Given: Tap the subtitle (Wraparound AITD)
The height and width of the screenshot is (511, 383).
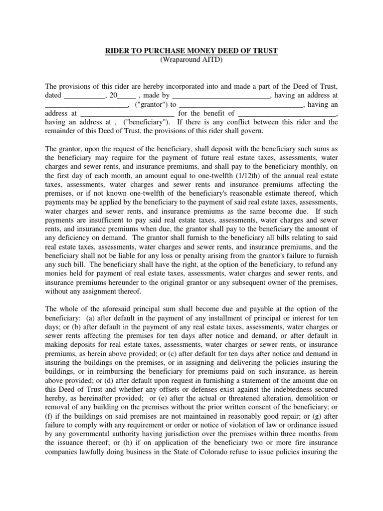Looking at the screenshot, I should click(191, 59).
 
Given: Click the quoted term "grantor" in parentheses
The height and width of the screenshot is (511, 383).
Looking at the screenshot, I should click(151, 104).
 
